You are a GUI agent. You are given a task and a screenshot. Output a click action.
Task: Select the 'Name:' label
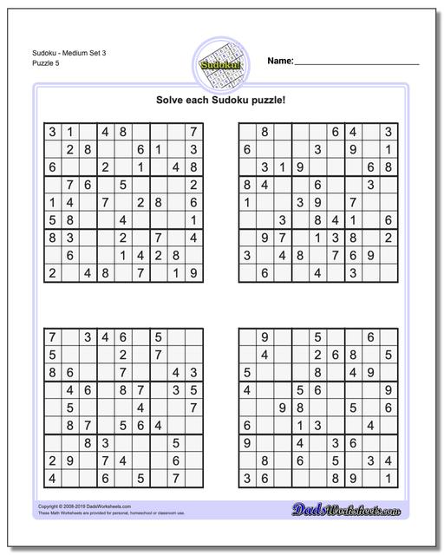tap(279, 62)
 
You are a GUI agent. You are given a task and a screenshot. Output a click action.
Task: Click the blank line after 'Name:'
tap(357, 64)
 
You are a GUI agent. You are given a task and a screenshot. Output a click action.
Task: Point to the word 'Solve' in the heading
tap(173, 100)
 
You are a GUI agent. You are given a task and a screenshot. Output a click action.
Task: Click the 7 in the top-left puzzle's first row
tap(193, 133)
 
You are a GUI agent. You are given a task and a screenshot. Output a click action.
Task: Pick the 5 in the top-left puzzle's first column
tap(53, 220)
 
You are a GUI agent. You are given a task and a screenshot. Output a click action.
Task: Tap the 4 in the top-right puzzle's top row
tap(352, 133)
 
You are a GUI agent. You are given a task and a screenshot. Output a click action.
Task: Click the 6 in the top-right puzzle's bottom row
tap(264, 274)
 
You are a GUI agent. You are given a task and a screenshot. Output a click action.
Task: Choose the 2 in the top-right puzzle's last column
tap(388, 238)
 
